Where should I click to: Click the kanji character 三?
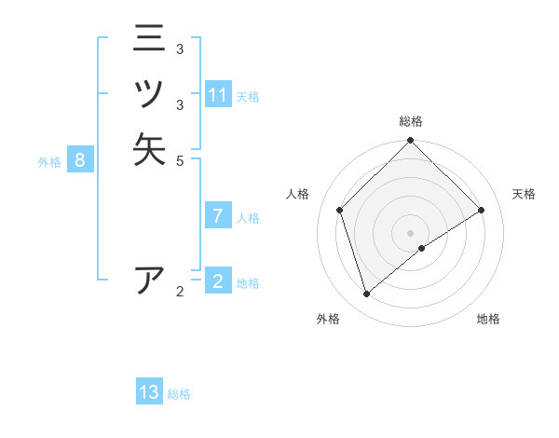149,40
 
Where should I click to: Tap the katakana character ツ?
149,94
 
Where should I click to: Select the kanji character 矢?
149,149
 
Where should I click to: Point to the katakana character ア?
149,281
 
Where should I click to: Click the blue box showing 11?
218,95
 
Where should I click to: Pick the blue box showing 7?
218,216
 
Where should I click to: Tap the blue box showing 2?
218,281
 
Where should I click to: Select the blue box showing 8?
80,160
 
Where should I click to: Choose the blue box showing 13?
149,392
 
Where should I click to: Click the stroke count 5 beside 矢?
180,160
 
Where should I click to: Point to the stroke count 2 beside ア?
180,292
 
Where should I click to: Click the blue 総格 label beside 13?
179,394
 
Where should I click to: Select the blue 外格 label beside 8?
49,162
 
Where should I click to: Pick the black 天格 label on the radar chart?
524,194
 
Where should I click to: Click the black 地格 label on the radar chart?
488,319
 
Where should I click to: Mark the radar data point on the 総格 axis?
410,142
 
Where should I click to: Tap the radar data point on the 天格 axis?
482,210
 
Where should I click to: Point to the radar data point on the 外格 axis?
367,294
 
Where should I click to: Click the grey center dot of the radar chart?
410,233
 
